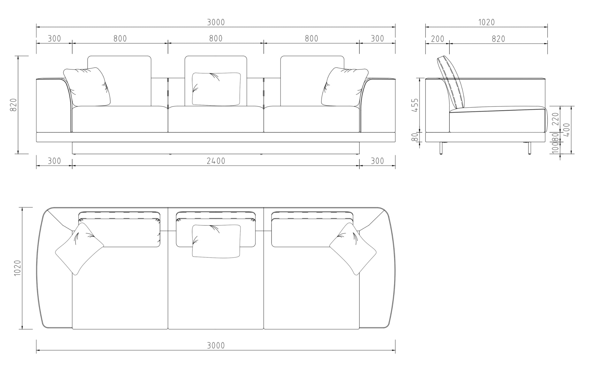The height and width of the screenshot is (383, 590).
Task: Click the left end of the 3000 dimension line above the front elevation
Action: pyautogui.click(x=36, y=27)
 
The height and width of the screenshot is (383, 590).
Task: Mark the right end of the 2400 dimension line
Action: pyautogui.click(x=359, y=166)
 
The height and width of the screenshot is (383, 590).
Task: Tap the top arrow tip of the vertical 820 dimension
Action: pyautogui.click(x=18, y=56)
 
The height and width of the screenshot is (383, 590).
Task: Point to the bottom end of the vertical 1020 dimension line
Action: pyautogui.click(x=22, y=329)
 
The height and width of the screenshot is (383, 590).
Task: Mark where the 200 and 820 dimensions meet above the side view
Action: pyautogui.click(x=449, y=43)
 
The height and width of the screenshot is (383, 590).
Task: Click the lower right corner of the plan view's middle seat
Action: pyautogui.click(x=263, y=329)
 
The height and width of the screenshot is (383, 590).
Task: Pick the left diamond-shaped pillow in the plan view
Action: pyautogui.click(x=79, y=249)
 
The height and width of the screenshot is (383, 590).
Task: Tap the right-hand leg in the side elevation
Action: pyautogui.click(x=529, y=148)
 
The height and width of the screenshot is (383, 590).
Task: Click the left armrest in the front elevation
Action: pyautogui.click(x=54, y=105)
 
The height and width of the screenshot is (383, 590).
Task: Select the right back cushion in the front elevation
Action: pyautogui.click(x=312, y=81)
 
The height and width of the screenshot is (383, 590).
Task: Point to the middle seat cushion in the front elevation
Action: pyautogui.click(x=216, y=119)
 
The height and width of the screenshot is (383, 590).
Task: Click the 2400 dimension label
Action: pyautogui.click(x=216, y=161)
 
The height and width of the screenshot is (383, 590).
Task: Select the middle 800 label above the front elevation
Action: pyautogui.click(x=216, y=39)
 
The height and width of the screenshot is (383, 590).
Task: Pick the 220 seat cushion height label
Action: pyautogui.click(x=556, y=119)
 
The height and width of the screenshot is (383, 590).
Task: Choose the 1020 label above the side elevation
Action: pyautogui.click(x=487, y=22)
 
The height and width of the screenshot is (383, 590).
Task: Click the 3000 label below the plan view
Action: pyautogui.click(x=216, y=345)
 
